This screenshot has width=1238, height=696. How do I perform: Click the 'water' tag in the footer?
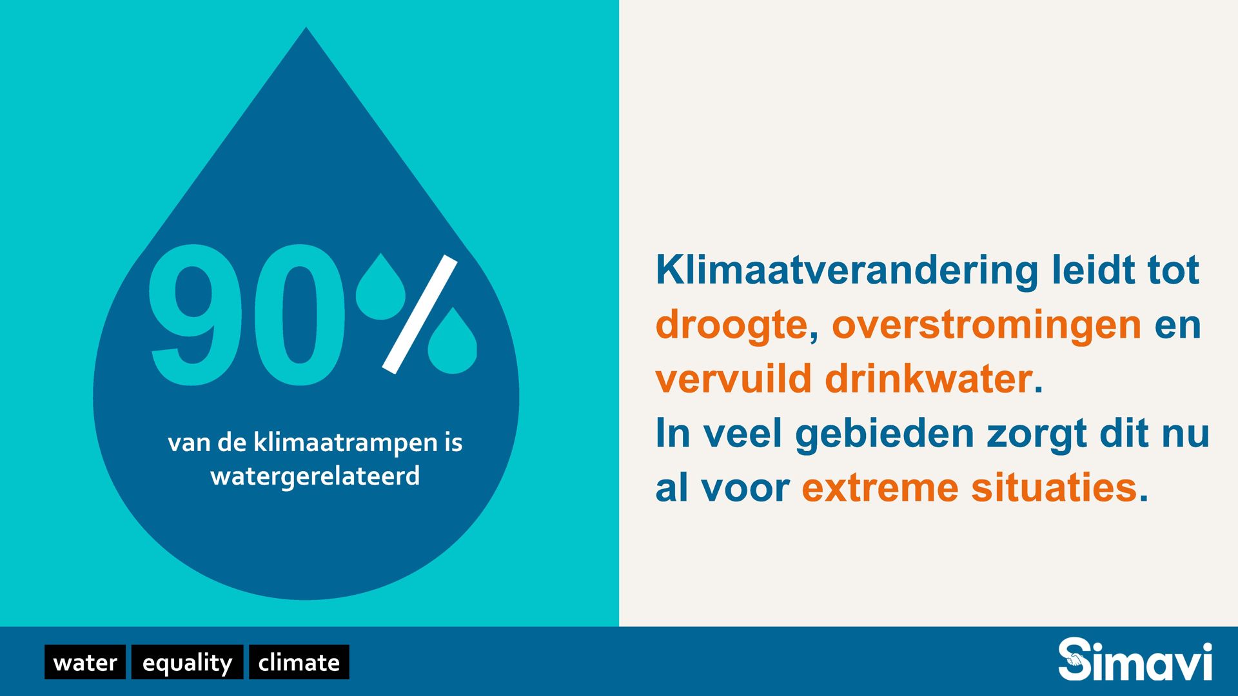coord(85,662)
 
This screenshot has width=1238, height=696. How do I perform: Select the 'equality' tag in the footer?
coord(187,662)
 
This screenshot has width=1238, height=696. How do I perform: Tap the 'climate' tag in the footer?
coord(299,662)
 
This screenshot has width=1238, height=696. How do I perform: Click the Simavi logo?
coord(1135,659)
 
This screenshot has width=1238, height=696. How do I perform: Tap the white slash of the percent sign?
coord(420,314)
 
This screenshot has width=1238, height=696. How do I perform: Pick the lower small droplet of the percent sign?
coord(452,342)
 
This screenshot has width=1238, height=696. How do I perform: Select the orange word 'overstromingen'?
coord(987,325)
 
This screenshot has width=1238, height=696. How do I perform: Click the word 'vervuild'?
coord(733,378)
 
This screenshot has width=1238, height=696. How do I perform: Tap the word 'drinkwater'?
coord(929,378)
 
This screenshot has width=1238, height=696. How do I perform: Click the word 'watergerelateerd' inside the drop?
coord(315,477)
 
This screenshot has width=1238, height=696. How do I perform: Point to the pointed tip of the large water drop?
coord(306,28)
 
